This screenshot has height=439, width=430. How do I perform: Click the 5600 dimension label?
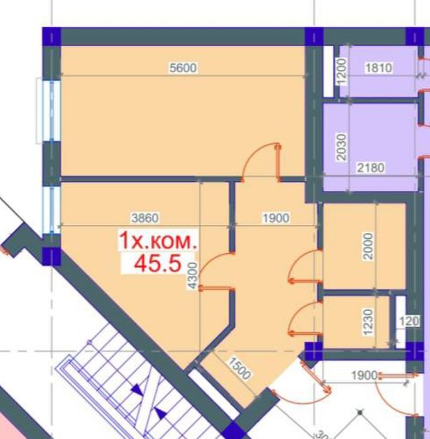[x=184, y=68]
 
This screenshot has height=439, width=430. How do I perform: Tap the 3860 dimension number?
[x=144, y=218]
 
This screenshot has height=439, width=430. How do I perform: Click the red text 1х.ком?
[x=158, y=241]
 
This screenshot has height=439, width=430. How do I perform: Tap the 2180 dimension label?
[x=371, y=168]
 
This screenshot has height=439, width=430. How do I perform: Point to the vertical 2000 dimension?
[x=369, y=246]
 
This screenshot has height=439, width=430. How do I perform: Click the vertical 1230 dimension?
[x=369, y=321]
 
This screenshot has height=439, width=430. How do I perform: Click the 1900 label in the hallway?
[x=275, y=218]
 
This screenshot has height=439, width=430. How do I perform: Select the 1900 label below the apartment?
[x=364, y=376]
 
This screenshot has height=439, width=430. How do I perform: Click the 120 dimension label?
[x=409, y=322]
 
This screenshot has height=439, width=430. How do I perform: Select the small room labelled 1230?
[x=352, y=321]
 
